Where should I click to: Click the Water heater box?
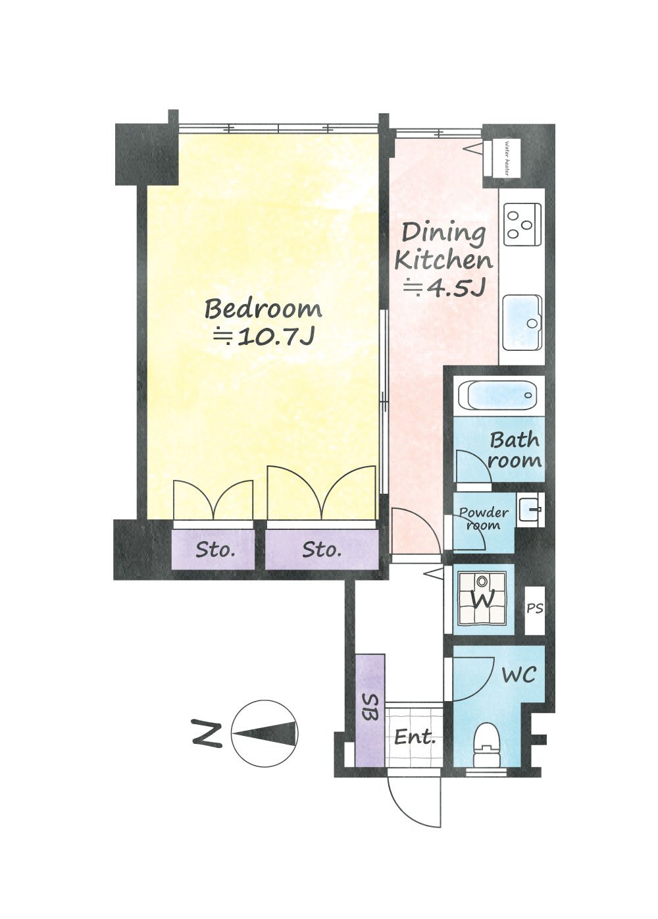pyautogui.click(x=502, y=158)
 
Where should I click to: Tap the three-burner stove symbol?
pyautogui.click(x=522, y=224)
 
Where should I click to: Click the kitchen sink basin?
pyautogui.click(x=522, y=322)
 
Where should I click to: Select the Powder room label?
pyautogui.click(x=484, y=519)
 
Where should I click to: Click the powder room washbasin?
pyautogui.click(x=530, y=510)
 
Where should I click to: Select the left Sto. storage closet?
pyautogui.click(x=213, y=549)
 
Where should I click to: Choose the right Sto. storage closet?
pyautogui.click(x=321, y=549)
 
